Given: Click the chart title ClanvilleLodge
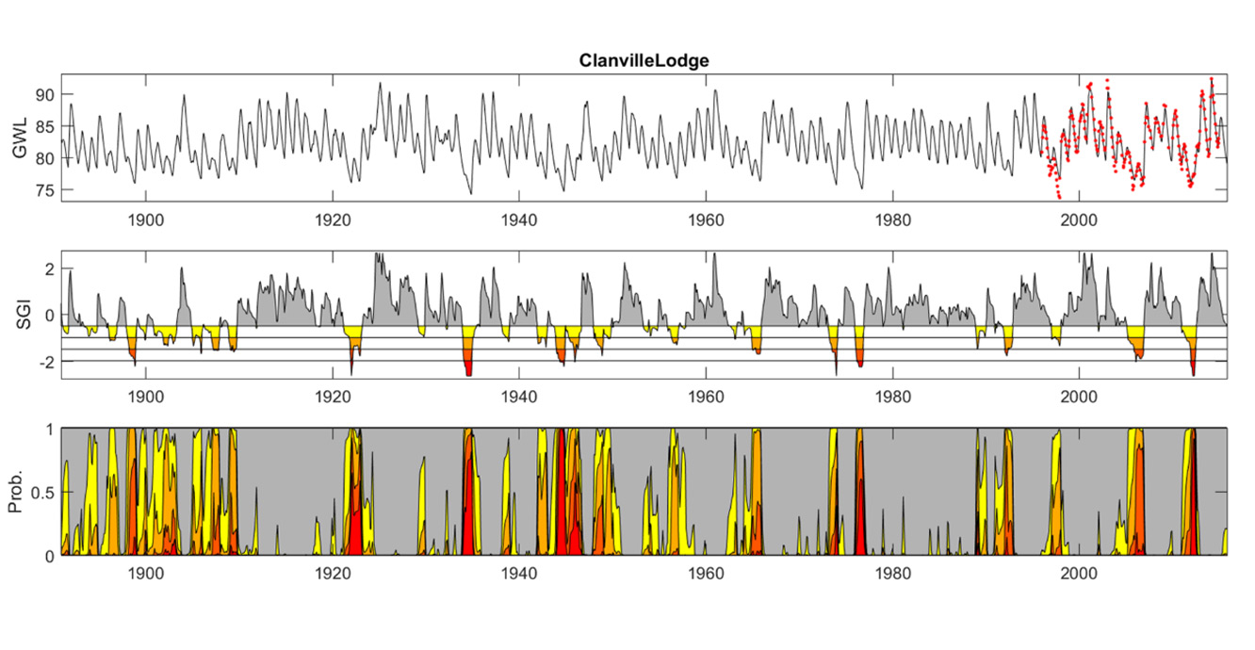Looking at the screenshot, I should click(x=644, y=60).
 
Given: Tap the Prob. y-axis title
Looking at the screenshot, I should click(x=16, y=492).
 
